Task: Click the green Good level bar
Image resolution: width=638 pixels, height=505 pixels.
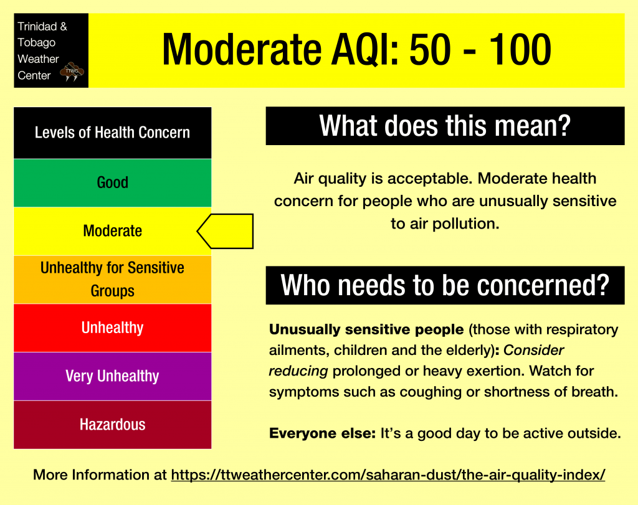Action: (x=112, y=182)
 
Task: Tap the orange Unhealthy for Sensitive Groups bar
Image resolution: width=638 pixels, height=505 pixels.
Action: (x=112, y=280)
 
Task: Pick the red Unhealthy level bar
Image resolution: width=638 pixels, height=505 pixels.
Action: (x=112, y=328)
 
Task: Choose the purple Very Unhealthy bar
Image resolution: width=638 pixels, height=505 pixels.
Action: (x=112, y=376)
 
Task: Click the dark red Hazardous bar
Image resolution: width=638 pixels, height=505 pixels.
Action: (x=112, y=425)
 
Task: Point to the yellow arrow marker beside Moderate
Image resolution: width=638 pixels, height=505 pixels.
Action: (x=226, y=231)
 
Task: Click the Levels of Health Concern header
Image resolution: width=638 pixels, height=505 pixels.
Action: (x=112, y=133)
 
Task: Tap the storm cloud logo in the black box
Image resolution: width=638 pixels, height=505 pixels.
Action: (x=72, y=72)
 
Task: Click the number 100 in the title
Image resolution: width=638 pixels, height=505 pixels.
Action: (x=520, y=50)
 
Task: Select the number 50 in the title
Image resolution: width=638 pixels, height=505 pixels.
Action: (x=430, y=50)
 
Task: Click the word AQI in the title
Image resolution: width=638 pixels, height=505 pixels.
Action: (x=364, y=50)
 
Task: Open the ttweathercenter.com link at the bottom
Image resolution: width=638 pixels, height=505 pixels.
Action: (x=388, y=474)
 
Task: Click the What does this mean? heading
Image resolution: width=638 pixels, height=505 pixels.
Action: (x=445, y=126)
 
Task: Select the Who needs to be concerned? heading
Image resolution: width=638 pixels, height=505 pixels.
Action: (x=445, y=285)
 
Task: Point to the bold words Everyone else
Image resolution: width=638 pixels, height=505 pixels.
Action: (x=322, y=433)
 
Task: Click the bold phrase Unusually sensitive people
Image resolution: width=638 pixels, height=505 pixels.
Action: (x=366, y=329)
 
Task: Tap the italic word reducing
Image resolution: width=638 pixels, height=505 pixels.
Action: (x=298, y=371)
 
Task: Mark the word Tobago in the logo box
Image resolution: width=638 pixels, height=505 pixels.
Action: (x=36, y=43)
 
